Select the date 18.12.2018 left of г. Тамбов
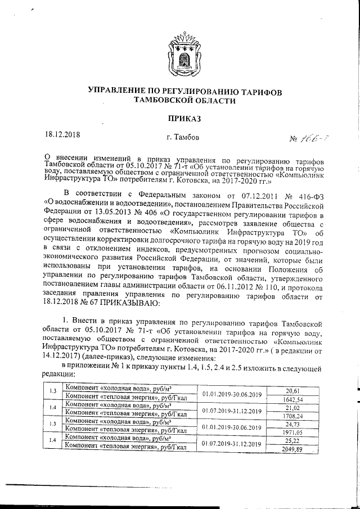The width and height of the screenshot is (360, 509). pos(64,135)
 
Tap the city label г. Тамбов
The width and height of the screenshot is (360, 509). pos(182,137)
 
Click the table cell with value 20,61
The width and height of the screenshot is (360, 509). pos(292,390)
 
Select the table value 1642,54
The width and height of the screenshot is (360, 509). pos(292,399)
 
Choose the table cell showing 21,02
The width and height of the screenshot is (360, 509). pos(292,408)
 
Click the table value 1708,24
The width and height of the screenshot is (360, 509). pos(292,416)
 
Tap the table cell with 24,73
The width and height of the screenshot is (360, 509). pos(292,424)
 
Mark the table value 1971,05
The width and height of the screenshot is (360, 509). pos(292,433)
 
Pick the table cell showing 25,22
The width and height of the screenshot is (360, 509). pos(292,441)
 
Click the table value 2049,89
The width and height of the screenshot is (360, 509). pos(292,449)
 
